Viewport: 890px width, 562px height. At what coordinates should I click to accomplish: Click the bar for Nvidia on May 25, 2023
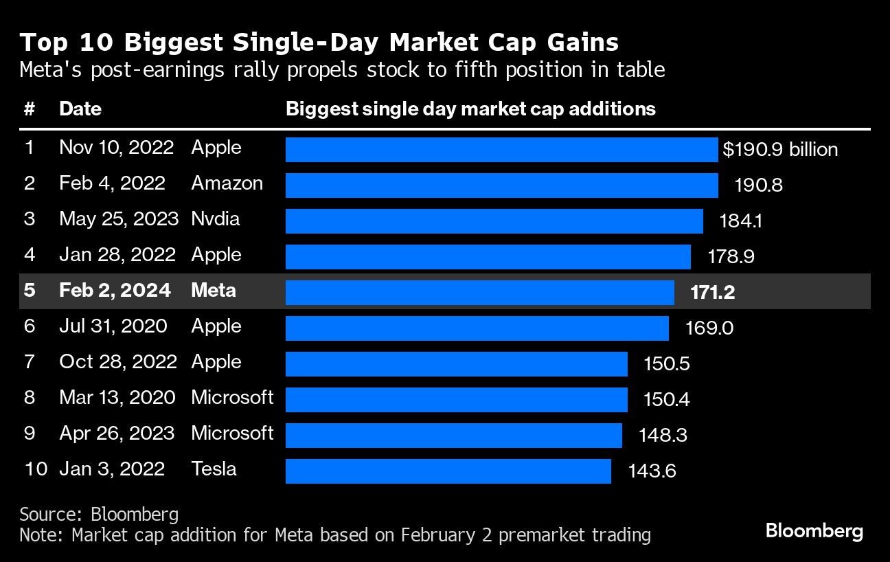(x=494, y=221)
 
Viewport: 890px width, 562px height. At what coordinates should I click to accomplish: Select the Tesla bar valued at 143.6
(x=448, y=471)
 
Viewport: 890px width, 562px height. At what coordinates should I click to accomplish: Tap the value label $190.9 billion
(x=780, y=150)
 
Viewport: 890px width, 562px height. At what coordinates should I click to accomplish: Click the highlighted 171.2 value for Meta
(x=713, y=293)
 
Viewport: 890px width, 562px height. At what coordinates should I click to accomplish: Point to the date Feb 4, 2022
(x=112, y=183)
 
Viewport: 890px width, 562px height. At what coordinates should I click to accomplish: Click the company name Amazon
(x=227, y=183)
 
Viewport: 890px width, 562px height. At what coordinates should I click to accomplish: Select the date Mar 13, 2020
(x=117, y=398)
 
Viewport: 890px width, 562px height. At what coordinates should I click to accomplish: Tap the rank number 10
(x=35, y=469)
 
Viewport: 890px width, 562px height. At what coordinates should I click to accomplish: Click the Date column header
(x=80, y=109)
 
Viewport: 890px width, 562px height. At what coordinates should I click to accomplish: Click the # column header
(x=29, y=109)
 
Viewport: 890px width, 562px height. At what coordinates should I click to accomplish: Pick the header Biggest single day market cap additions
(x=470, y=109)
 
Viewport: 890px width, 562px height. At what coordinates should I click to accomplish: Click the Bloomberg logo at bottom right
(x=814, y=530)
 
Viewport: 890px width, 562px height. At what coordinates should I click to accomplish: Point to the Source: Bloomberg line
(x=99, y=515)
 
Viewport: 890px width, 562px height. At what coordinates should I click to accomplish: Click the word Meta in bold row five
(x=213, y=291)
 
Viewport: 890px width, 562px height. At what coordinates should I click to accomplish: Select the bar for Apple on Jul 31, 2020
(x=477, y=328)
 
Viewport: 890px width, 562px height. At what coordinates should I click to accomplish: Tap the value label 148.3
(x=663, y=436)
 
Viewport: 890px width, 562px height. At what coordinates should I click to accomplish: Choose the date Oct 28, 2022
(x=118, y=362)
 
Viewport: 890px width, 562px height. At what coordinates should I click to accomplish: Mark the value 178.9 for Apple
(x=731, y=257)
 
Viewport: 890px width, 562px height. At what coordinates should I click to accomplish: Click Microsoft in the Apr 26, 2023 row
(x=232, y=434)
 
